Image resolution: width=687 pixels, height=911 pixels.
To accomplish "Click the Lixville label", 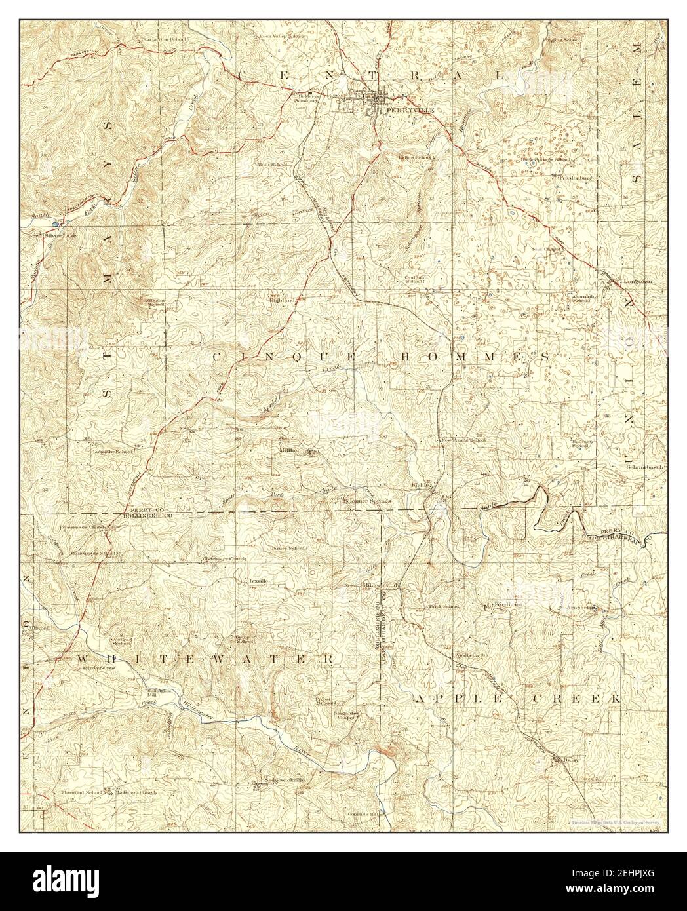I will pyautogui.click(x=256, y=581).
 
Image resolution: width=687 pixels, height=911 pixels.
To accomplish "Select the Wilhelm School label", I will pyautogui.click(x=155, y=303).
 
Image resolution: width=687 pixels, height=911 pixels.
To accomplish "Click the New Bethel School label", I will pyautogui.click(x=463, y=440).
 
